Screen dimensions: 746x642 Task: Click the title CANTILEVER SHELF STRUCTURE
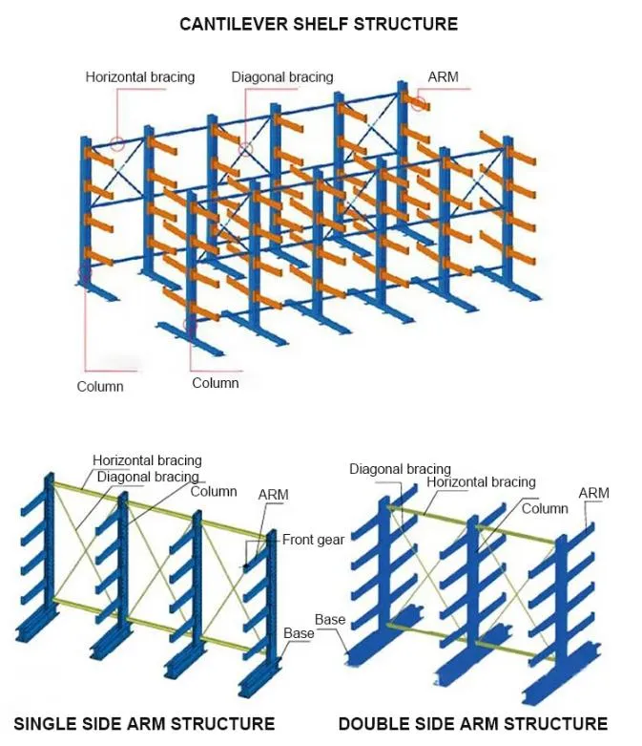click(x=319, y=24)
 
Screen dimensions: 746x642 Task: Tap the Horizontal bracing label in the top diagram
click(x=139, y=77)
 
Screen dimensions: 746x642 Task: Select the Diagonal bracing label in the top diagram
click(x=282, y=77)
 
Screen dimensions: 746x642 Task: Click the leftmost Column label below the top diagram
click(x=100, y=387)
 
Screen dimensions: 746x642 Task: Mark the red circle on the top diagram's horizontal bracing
click(x=116, y=145)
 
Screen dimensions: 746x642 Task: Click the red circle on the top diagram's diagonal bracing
click(x=245, y=150)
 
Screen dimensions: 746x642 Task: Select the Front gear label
click(x=313, y=540)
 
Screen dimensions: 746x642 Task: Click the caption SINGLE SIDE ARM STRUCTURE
click(x=144, y=723)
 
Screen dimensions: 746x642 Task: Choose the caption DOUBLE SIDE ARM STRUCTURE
click(x=472, y=723)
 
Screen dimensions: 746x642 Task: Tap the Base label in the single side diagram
click(x=299, y=633)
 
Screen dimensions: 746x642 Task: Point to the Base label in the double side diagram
click(x=330, y=620)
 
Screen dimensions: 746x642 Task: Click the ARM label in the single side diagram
click(x=273, y=495)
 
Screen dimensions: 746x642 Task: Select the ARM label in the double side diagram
click(x=593, y=493)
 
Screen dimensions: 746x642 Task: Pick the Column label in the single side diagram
click(x=214, y=491)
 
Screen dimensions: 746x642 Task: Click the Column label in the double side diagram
click(x=545, y=508)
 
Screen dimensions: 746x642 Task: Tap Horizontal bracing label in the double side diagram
click(x=481, y=482)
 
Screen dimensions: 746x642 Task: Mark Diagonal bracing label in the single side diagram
click(x=148, y=477)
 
